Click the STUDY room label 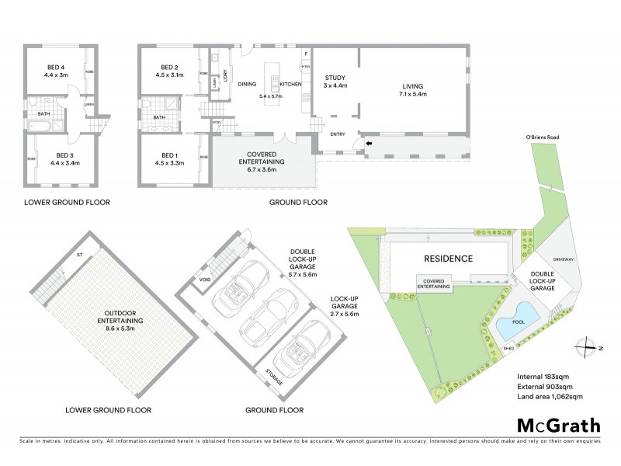pyautogui.click(x=335, y=78)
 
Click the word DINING pyautogui.click(x=247, y=83)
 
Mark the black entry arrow pyautogui.click(x=369, y=144)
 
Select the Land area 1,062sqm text pyautogui.click(x=550, y=397)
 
